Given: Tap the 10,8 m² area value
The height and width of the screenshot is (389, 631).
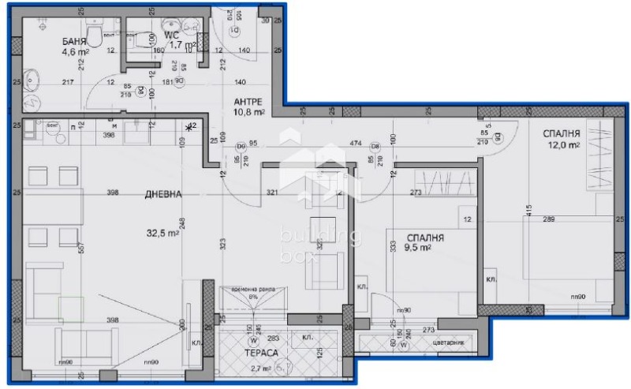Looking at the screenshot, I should tap(251, 114).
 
